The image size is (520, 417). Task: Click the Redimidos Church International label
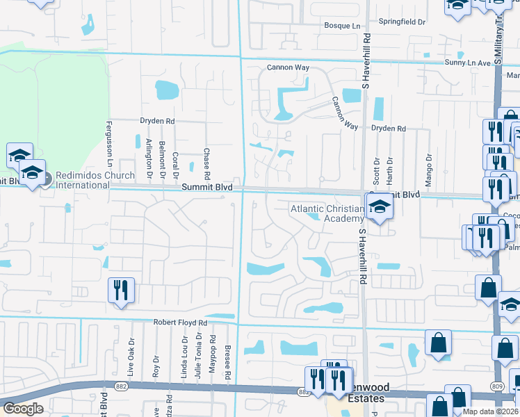[95, 180]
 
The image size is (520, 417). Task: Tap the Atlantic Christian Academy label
[327, 213]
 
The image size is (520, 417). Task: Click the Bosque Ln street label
[343, 26]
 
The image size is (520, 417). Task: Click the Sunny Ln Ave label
[468, 63]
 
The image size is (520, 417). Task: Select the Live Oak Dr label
[129, 354]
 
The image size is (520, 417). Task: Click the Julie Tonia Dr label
[198, 356]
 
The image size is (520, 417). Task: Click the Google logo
[23, 409]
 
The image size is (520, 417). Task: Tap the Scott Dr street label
[376, 170]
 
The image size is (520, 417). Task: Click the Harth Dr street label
[390, 170]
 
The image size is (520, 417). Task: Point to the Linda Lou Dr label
[185, 355]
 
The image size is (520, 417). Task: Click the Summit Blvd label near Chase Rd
[204, 188]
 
